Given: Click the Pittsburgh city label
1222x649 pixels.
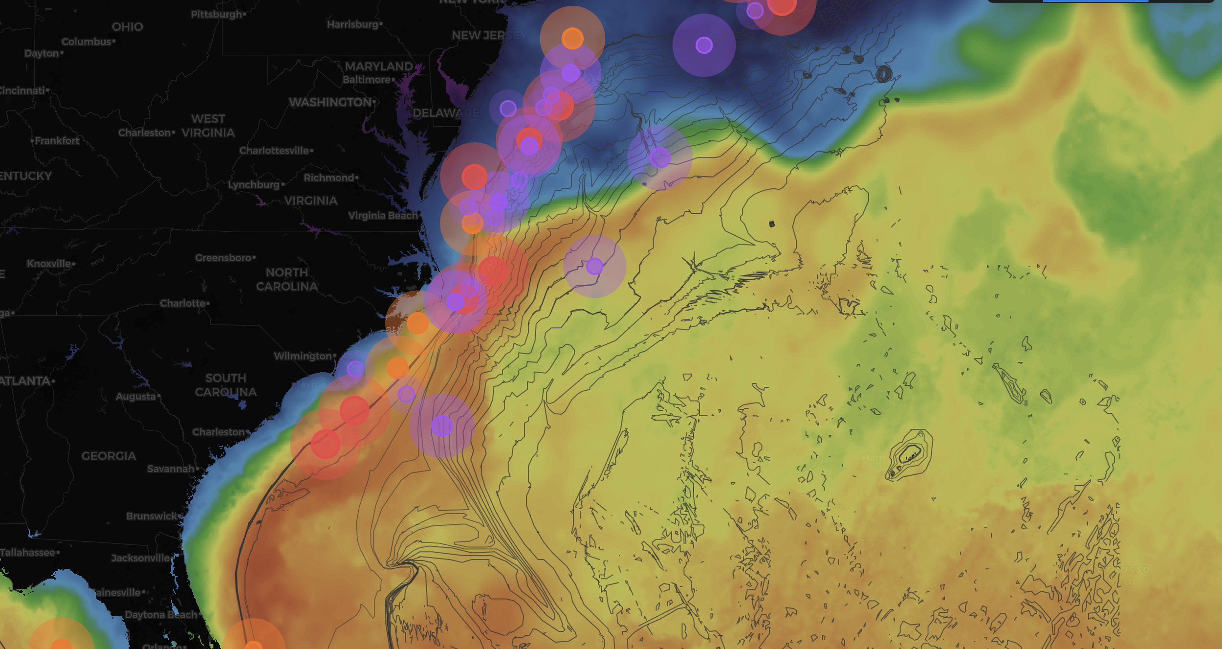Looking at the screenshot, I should click(217, 15).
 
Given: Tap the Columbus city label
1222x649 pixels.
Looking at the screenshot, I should click(87, 42).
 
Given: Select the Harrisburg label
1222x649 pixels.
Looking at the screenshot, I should click(353, 24).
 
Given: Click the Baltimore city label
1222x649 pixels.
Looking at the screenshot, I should click(367, 80).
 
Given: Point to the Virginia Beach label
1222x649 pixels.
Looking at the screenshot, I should click(383, 216).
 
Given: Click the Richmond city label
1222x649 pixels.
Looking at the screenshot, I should click(329, 178).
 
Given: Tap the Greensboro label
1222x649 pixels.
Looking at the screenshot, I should click(223, 258).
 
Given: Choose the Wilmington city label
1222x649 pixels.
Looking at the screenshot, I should click(303, 356).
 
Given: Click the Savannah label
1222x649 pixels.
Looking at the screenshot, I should click(171, 469).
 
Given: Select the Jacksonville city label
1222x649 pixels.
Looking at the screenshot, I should click(140, 558).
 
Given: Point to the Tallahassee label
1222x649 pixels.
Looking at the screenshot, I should click(28, 553).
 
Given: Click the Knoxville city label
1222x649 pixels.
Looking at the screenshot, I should click(49, 264).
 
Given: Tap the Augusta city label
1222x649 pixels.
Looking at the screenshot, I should click(136, 397).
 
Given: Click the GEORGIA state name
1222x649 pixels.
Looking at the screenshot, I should click(109, 456).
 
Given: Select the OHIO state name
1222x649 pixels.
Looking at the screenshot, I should click(127, 27).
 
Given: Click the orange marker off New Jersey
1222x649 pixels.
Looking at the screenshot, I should click(572, 38).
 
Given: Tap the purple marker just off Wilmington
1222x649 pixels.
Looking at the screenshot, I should click(355, 369).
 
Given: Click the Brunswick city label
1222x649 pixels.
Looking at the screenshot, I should click(152, 516).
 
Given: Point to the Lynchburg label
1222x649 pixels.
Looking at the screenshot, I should click(254, 185).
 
